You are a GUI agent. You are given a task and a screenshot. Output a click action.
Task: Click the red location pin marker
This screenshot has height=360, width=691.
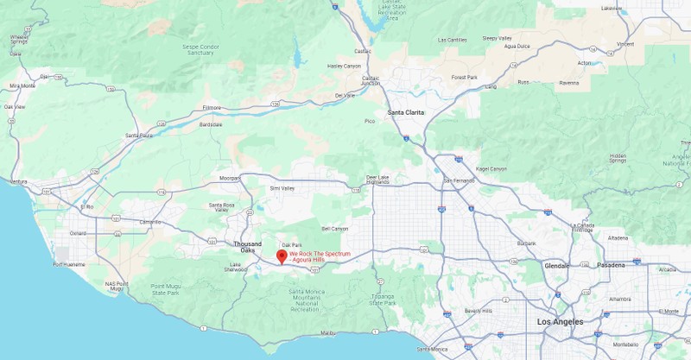click(x=282, y=256)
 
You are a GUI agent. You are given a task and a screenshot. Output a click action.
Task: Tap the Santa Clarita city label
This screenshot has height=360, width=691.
click(x=406, y=112)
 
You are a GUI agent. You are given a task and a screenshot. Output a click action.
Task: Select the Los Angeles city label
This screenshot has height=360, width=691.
click(x=560, y=321)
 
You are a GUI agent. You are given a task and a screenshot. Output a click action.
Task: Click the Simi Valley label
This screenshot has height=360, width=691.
click(x=282, y=187)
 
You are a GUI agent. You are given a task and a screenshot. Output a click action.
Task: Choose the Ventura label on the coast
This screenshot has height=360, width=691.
click(x=17, y=182)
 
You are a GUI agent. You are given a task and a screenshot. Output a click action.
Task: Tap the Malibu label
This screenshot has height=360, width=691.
click(x=327, y=332)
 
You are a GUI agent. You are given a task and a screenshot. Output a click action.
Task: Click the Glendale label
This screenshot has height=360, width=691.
click(x=557, y=265)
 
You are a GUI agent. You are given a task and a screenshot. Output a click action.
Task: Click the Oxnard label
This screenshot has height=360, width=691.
click(x=78, y=232)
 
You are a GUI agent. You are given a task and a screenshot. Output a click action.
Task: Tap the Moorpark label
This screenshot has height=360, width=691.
click(x=230, y=178)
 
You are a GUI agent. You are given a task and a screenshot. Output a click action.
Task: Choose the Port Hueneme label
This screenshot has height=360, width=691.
click(x=70, y=265)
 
